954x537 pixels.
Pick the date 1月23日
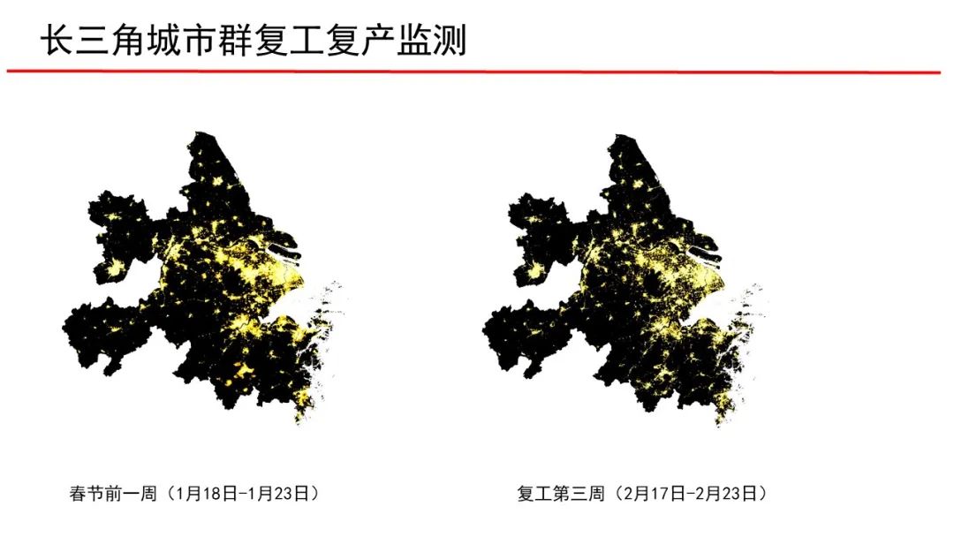277,493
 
